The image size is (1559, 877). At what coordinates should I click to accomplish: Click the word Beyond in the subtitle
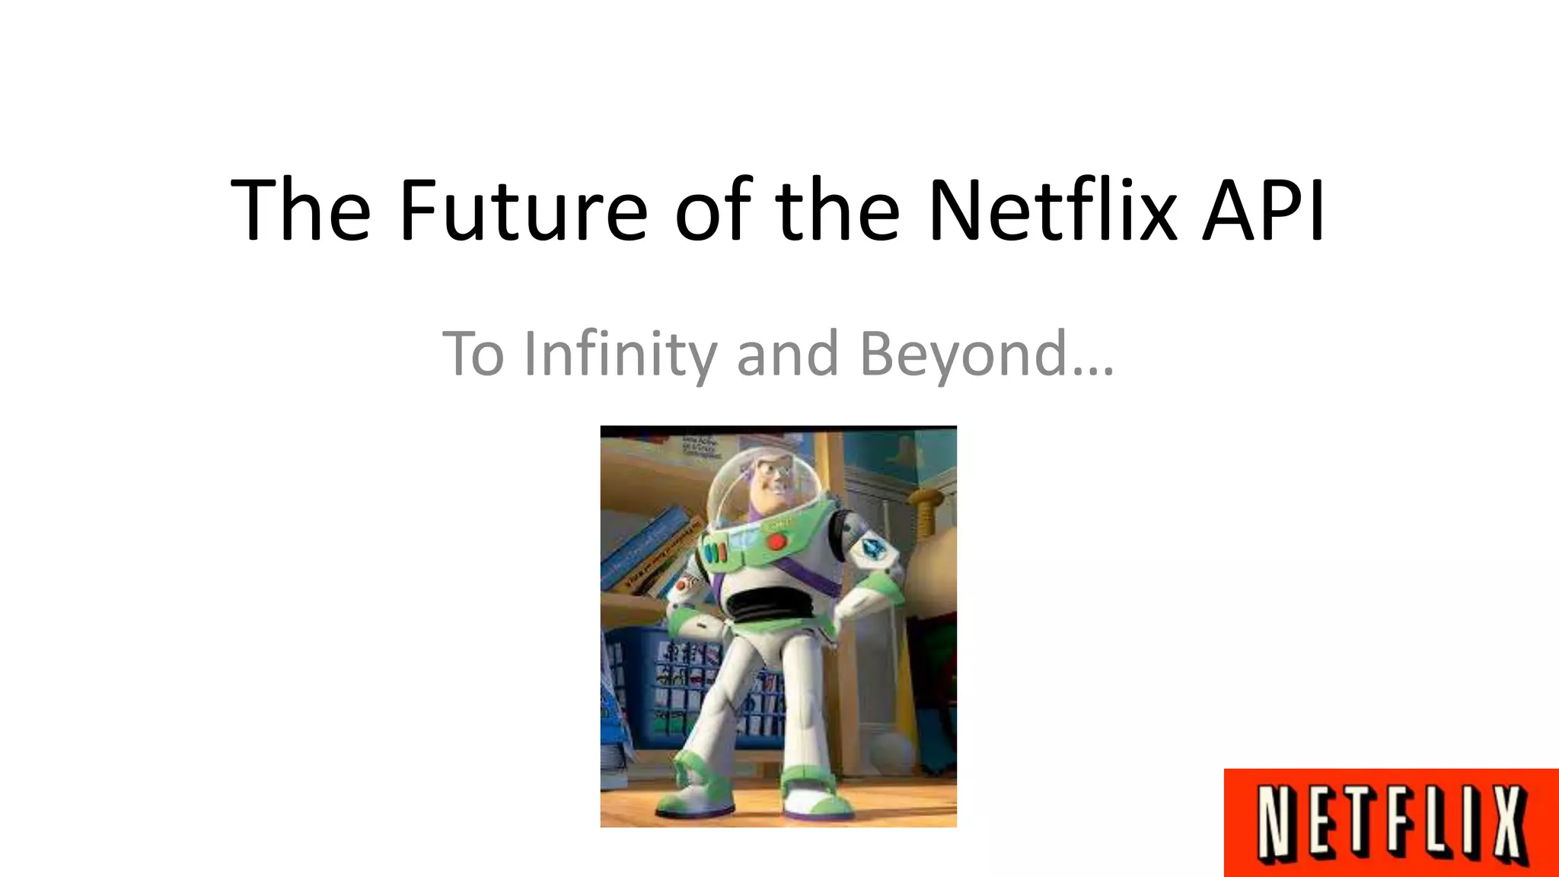[x=963, y=354]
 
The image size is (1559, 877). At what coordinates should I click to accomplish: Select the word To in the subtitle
[x=473, y=354]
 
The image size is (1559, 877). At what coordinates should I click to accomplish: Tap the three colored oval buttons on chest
[x=717, y=552]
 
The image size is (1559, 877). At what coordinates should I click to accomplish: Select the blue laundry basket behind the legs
[x=670, y=689]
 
